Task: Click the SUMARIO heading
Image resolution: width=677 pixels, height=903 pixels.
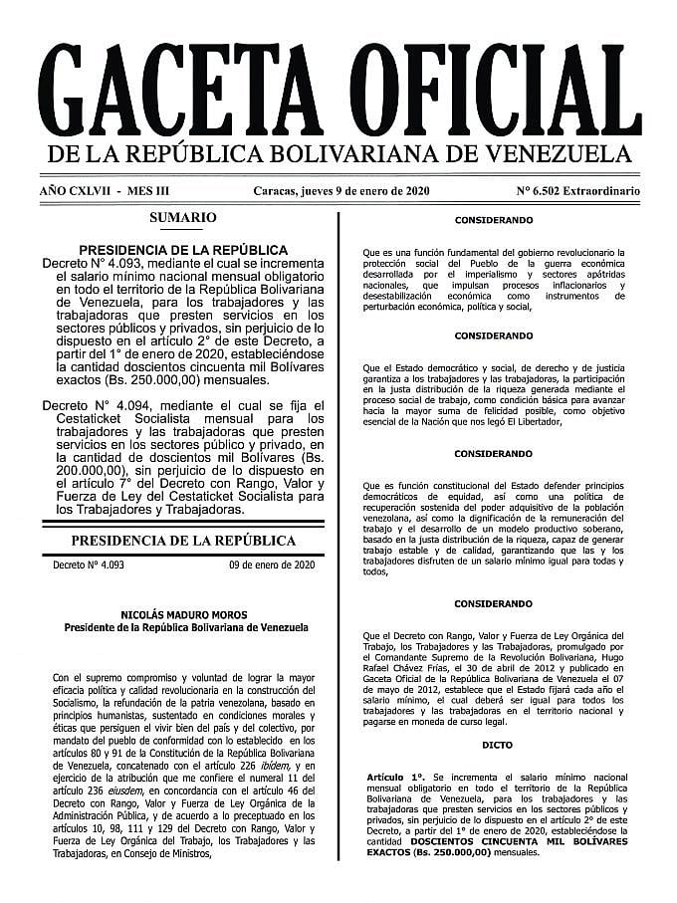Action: tap(182, 217)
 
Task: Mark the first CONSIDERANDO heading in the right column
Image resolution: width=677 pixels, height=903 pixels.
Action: tap(493, 218)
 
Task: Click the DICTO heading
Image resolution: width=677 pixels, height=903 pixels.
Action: tap(493, 744)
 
